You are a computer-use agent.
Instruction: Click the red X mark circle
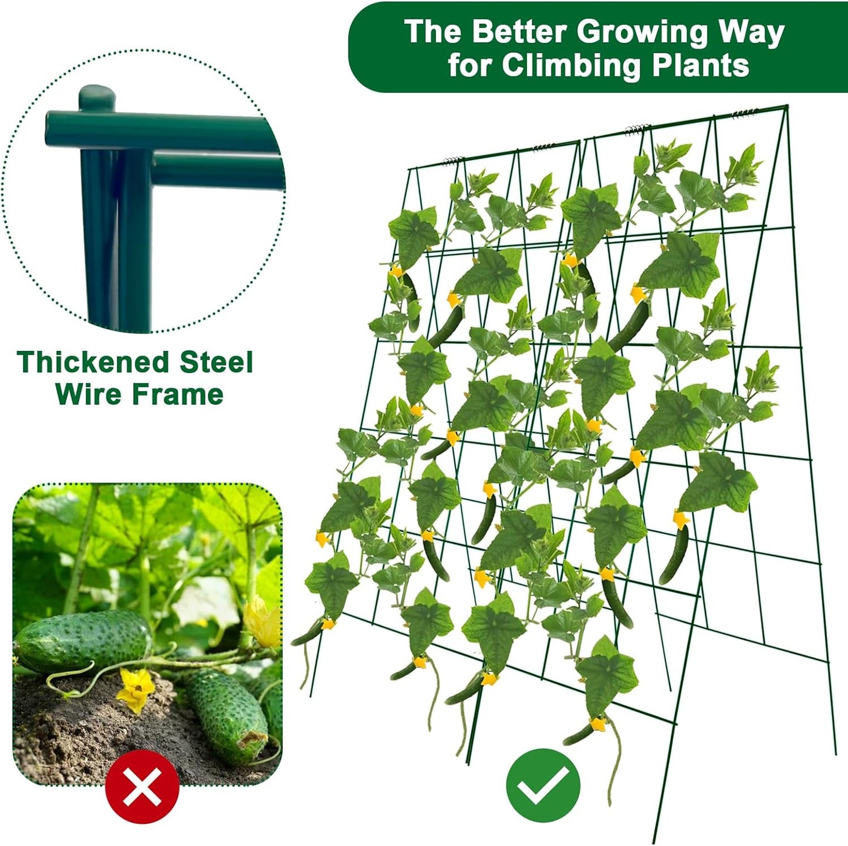pyautogui.click(x=142, y=786)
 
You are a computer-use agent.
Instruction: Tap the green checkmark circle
pyautogui.click(x=543, y=786)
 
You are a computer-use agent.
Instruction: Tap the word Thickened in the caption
pyautogui.click(x=94, y=363)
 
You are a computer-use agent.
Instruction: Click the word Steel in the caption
pyautogui.click(x=217, y=363)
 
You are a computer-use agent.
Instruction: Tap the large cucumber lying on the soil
pyautogui.click(x=82, y=641)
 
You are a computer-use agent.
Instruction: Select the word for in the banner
pyautogui.click(x=470, y=66)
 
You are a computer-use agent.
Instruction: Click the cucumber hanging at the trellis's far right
pyautogui.click(x=674, y=554)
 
